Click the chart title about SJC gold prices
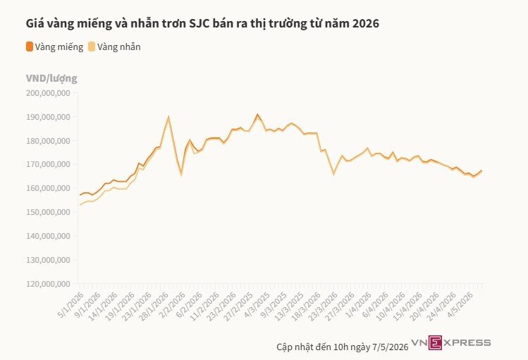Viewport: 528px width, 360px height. point(202,23)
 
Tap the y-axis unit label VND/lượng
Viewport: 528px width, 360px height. point(51,78)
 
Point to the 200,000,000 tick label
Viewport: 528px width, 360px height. point(48,93)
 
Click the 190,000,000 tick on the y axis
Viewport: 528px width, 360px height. point(48,117)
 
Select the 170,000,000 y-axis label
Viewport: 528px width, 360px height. point(48,165)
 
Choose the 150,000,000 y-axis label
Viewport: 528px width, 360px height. point(48,212)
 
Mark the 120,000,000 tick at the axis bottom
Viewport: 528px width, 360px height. point(48,284)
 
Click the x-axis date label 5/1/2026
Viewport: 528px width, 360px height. point(71,305)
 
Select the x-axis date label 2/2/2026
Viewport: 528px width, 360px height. point(173,305)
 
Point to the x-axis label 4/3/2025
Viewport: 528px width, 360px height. point(257,305)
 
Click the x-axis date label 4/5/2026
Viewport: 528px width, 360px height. point(460,305)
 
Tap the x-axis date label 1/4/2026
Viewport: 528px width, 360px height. point(359,305)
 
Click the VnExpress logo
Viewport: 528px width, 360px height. point(451,343)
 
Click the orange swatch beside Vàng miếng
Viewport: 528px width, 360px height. point(30,46)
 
